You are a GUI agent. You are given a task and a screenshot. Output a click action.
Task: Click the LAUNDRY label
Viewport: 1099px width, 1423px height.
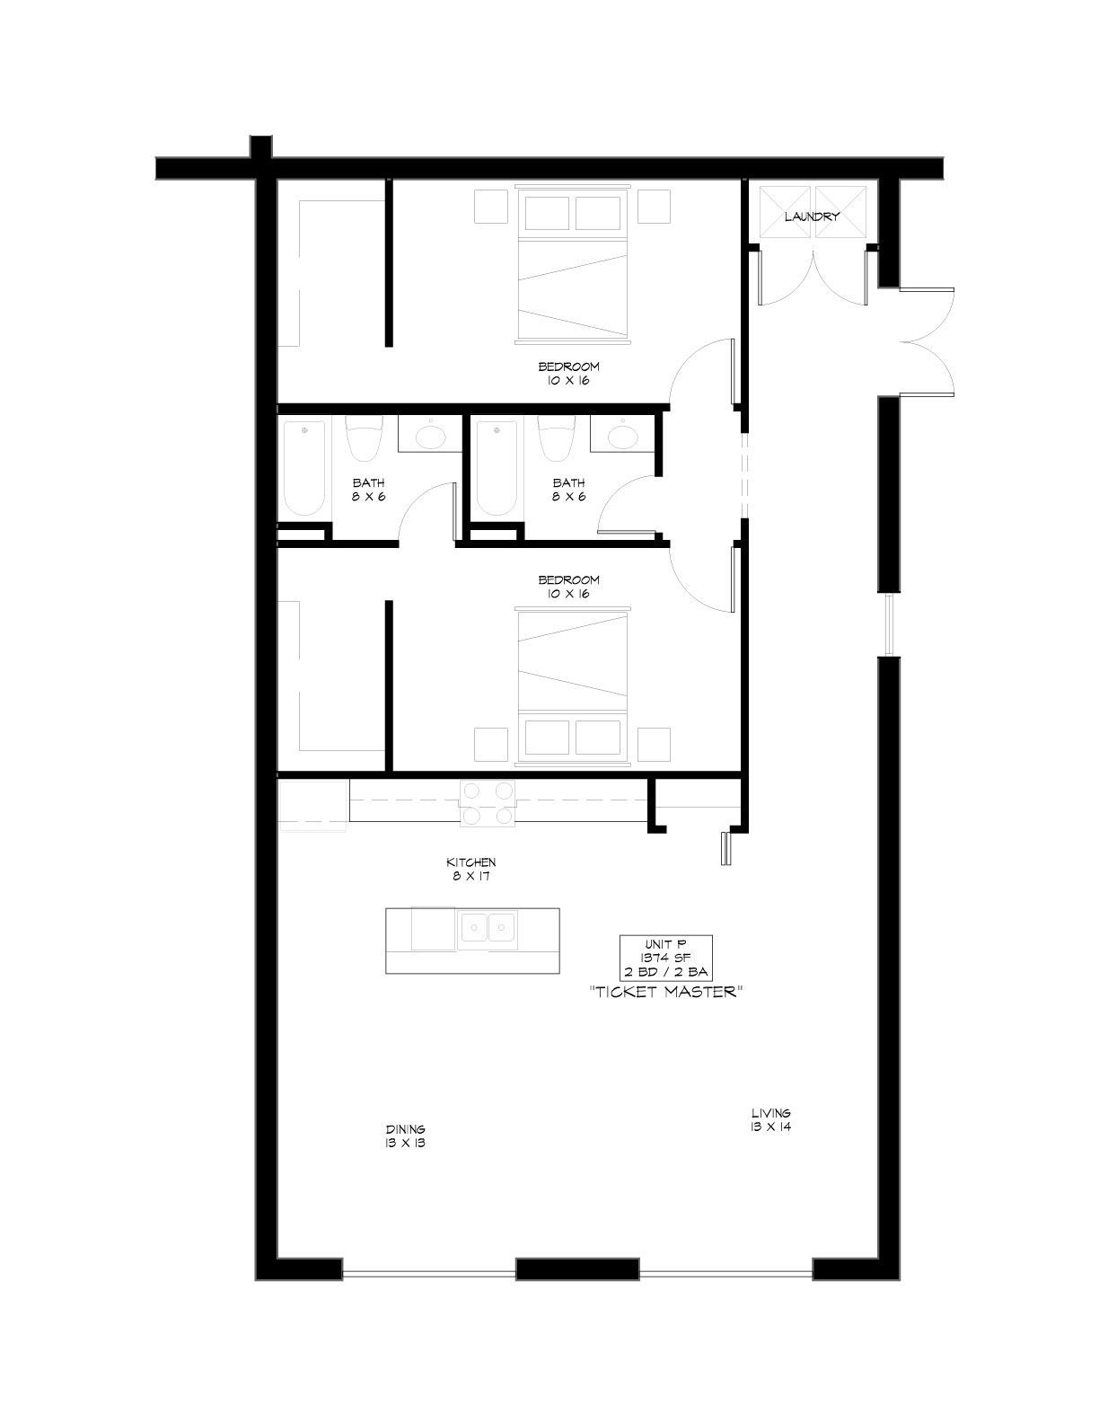point(812,217)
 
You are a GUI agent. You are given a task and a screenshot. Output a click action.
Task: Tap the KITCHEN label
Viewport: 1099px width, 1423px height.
point(471,862)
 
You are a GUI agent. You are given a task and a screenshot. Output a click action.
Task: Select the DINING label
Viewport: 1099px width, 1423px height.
point(406,1129)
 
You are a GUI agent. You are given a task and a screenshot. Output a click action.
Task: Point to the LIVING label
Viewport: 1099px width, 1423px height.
point(771,1112)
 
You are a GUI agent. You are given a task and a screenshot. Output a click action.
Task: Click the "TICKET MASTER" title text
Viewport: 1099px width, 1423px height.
point(665,992)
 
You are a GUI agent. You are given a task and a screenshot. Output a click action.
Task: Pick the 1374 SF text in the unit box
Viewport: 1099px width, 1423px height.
point(665,957)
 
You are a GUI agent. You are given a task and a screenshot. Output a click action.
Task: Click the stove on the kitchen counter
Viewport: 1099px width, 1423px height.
point(487,803)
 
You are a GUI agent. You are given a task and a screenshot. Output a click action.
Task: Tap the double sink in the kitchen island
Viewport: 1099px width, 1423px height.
point(487,928)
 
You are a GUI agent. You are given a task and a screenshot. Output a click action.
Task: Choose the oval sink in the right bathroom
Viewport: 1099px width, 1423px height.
point(623,436)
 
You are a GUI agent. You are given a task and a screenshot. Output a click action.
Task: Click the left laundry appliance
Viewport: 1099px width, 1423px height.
point(784,211)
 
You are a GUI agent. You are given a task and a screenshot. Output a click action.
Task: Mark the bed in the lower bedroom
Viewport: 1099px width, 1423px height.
point(573,686)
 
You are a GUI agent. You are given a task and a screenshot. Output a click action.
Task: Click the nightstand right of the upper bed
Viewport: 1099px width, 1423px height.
point(655,207)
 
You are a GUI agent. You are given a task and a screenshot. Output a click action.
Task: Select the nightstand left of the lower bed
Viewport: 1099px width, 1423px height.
point(491,745)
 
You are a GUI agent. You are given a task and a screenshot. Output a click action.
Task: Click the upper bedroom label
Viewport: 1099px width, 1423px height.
point(569,373)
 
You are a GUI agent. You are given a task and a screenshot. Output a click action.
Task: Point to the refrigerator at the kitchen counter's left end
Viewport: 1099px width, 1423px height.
point(312,806)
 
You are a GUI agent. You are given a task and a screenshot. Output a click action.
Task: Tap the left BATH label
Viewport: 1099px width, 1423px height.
point(368,490)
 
